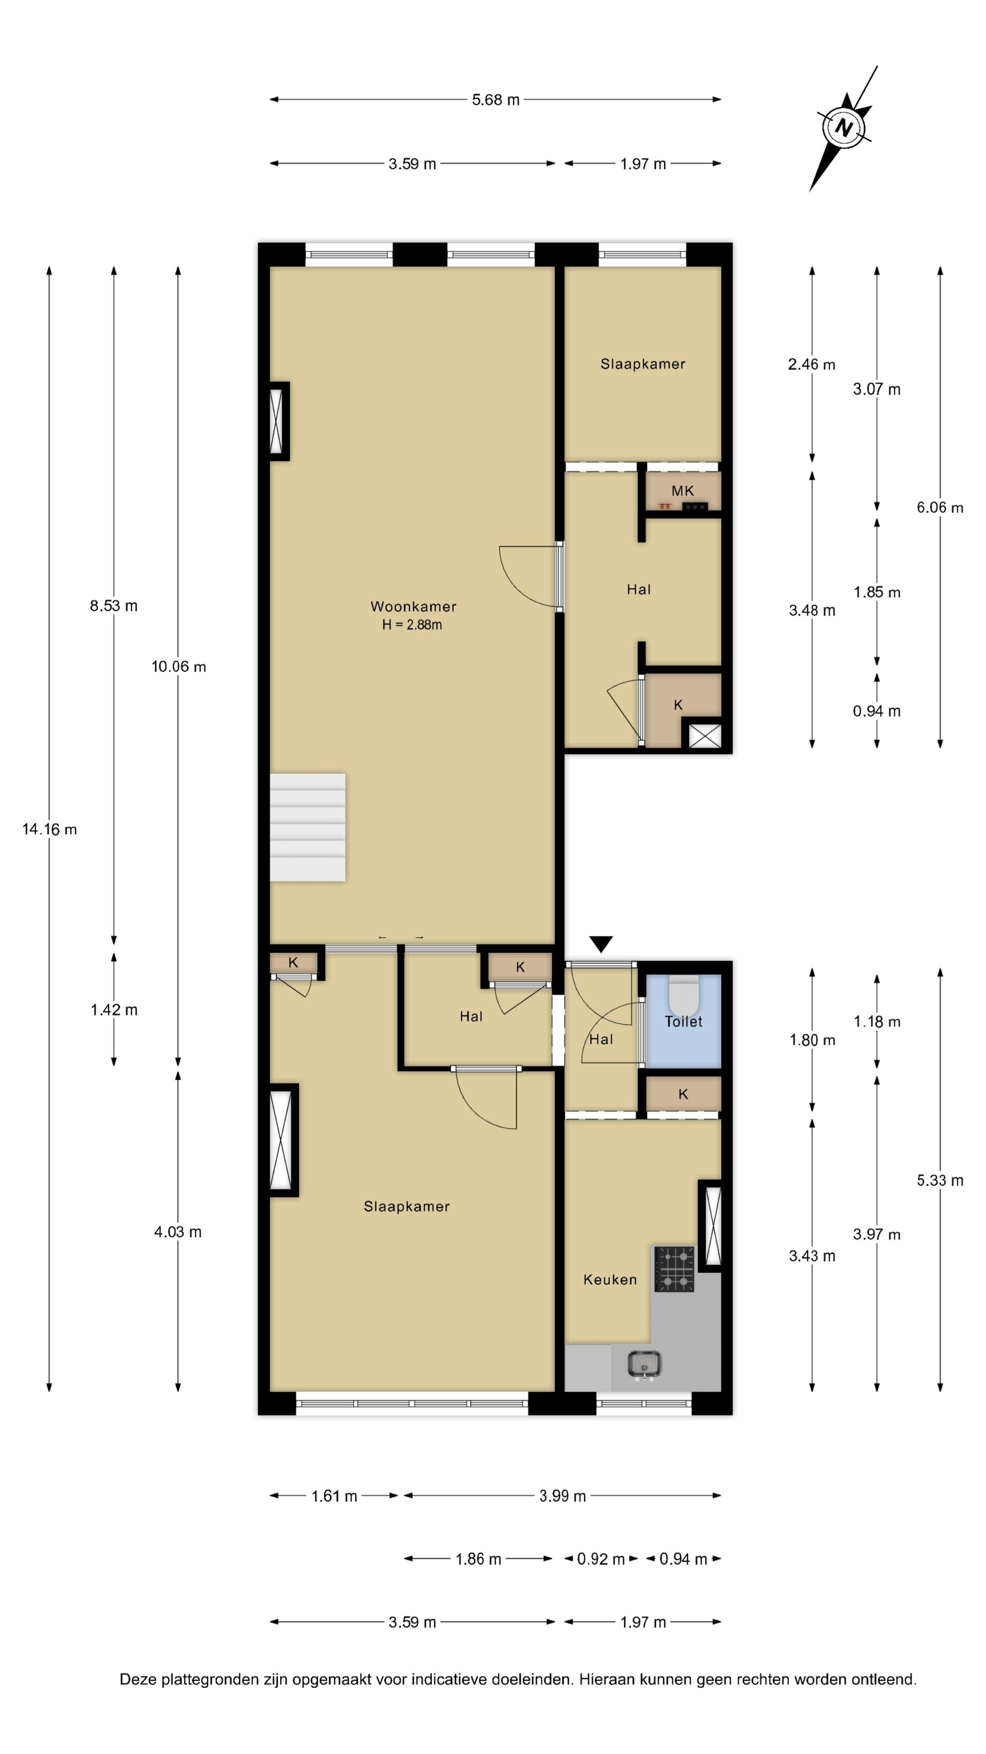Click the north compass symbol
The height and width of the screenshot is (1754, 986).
(844, 127)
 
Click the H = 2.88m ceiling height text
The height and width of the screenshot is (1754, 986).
(412, 624)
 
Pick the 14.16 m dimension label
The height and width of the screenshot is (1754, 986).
(50, 829)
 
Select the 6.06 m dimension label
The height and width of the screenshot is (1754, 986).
(940, 507)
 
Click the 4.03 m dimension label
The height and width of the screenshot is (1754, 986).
(178, 1232)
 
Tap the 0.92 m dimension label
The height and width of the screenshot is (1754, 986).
(600, 1559)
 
